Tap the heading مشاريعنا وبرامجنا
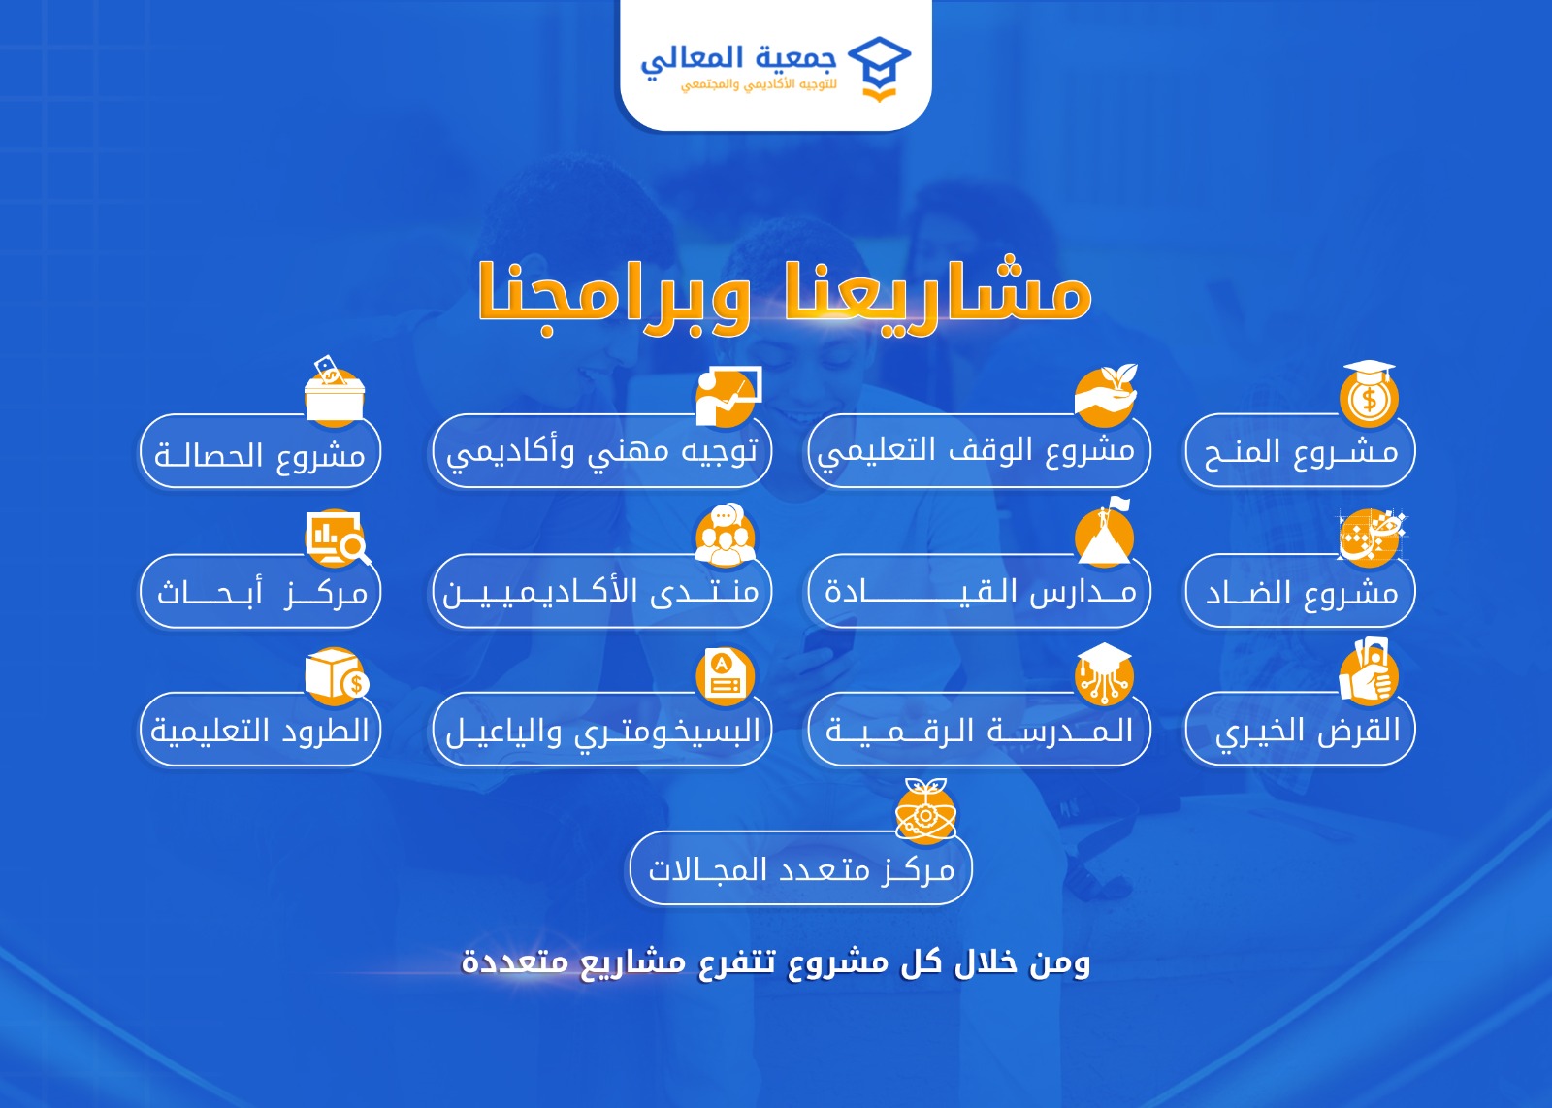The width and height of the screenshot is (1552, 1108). coord(785,297)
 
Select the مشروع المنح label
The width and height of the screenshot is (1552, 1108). coord(1301,453)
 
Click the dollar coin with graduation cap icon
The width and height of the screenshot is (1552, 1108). coord(1369,394)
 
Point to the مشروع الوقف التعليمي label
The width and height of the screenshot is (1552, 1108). coord(976,451)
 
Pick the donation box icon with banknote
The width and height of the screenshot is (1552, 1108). coord(335,392)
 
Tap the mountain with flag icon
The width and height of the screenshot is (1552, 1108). coord(1105,533)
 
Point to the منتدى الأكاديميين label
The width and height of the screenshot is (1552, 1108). coord(600,592)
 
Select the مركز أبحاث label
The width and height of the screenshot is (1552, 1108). coord(262,594)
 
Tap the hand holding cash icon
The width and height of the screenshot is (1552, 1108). coord(1369,671)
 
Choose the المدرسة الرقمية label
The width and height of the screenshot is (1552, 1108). coord(979,731)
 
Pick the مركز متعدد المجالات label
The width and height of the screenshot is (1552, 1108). coord(801,870)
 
